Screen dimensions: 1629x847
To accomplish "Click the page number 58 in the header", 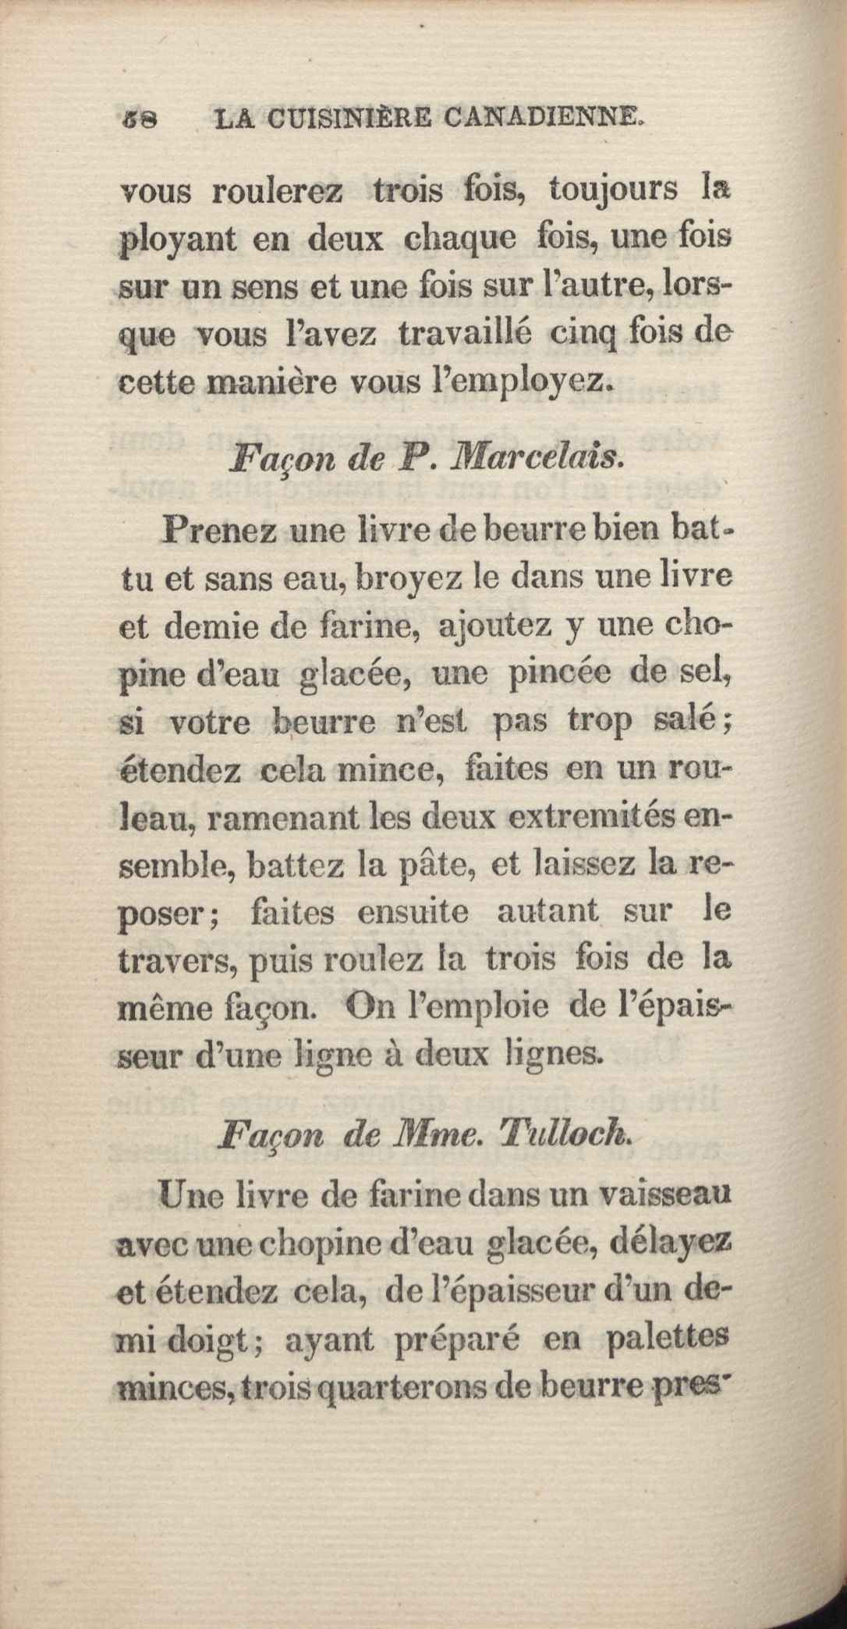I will click(140, 119).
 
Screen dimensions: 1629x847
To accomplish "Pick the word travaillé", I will click(465, 334).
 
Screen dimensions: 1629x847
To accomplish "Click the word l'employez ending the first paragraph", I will click(527, 383).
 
